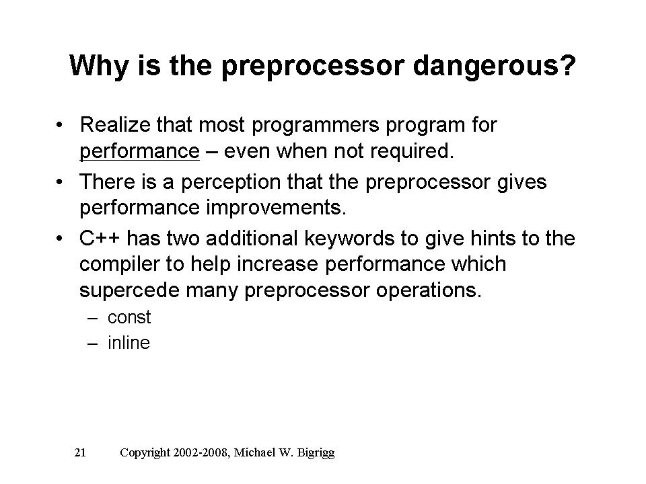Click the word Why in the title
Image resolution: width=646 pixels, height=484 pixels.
[99, 65]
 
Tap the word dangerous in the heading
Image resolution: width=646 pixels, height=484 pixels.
[494, 67]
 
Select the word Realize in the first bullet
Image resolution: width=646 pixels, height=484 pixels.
[115, 124]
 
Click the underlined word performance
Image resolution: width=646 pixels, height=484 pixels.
[140, 151]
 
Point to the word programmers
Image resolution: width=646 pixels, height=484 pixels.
[315, 126]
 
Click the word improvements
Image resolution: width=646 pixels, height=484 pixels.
[276, 208]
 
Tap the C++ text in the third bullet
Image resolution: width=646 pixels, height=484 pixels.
[100, 238]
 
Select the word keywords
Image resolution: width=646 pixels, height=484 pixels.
[349, 239]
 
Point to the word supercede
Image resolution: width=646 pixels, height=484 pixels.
[129, 290]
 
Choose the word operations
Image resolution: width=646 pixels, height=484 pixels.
[429, 290]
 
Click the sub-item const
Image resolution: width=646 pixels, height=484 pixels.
[129, 317]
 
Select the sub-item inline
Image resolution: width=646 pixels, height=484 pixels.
[129, 343]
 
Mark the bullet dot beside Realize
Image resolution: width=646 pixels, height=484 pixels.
[60, 125]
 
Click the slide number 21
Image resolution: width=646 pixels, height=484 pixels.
[80, 452]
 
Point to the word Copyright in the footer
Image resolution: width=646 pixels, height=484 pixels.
[145, 453]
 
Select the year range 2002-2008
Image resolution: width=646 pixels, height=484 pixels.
[201, 452]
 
